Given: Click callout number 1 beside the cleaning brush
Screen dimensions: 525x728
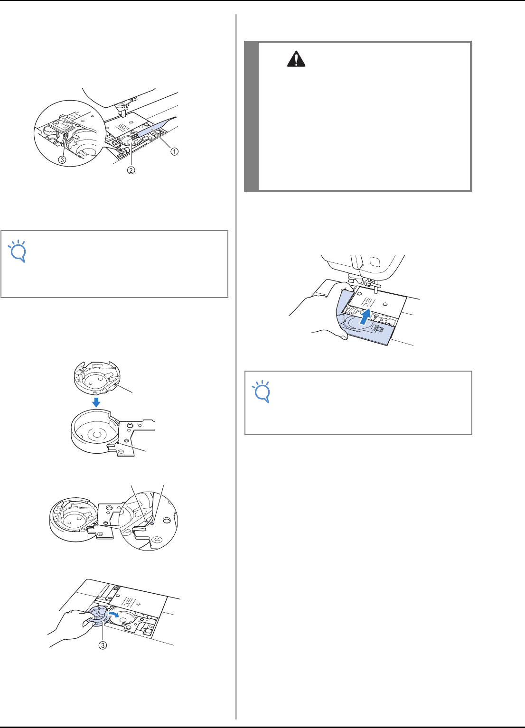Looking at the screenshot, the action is [175, 151].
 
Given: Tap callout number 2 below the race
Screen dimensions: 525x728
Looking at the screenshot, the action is [131, 170].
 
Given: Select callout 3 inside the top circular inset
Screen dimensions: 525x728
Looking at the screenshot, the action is [62, 159].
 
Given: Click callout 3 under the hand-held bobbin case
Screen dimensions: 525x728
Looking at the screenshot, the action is [103, 645].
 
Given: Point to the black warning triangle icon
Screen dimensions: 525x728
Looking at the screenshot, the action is [296, 59].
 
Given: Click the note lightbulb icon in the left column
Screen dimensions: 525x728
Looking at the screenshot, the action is [18, 251].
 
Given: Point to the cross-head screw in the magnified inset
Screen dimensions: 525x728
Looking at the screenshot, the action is [157, 539].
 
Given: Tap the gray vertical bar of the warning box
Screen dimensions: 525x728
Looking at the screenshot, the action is [251, 116].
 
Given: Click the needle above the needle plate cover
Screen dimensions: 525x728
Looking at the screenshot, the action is [376, 288].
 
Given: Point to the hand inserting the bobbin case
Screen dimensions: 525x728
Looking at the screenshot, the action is [70, 627].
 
